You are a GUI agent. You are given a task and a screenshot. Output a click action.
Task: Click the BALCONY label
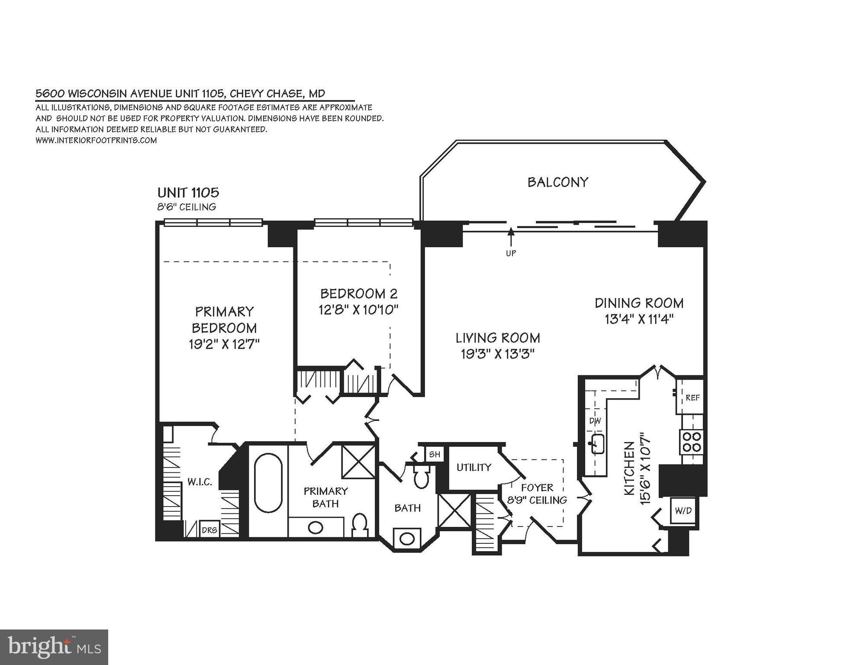pyautogui.click(x=557, y=182)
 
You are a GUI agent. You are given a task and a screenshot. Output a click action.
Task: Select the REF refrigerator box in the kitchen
pyautogui.click(x=692, y=397)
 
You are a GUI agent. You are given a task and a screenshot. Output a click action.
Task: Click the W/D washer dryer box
pyautogui.click(x=683, y=511)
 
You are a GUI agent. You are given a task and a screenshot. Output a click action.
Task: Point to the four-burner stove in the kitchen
pyautogui.click(x=692, y=442)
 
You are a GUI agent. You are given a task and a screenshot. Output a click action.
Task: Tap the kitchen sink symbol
pyautogui.click(x=598, y=444)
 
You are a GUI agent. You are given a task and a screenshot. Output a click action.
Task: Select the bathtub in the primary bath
pyautogui.click(x=268, y=483)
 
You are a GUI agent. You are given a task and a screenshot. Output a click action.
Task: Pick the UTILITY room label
pyautogui.click(x=474, y=467)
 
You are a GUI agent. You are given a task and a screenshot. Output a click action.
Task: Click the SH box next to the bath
pyautogui.click(x=434, y=454)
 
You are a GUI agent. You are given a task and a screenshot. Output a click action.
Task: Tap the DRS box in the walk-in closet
pyautogui.click(x=209, y=529)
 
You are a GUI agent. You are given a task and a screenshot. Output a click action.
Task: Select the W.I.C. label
pyautogui.click(x=200, y=482)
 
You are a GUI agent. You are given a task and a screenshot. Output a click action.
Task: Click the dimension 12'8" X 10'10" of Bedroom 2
pyautogui.click(x=358, y=310)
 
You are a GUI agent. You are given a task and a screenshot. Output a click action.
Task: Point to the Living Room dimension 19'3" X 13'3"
pyautogui.click(x=498, y=354)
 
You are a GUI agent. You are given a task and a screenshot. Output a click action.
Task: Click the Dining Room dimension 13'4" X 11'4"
pyautogui.click(x=639, y=320)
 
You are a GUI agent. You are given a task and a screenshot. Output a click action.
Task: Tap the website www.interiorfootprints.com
pyautogui.click(x=96, y=140)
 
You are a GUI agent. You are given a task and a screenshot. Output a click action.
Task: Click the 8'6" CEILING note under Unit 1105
pyautogui.click(x=187, y=207)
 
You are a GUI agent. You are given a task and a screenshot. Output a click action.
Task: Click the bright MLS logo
pyautogui.click(x=54, y=647)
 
